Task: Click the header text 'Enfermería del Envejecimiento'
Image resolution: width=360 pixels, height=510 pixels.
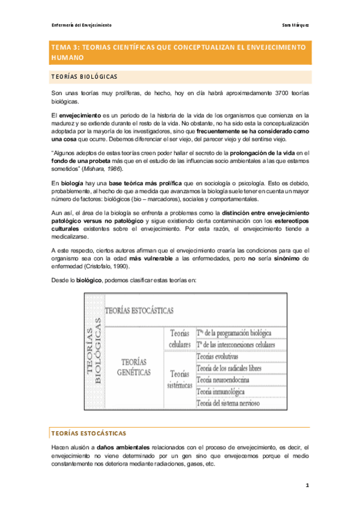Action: pyautogui.click(x=81, y=25)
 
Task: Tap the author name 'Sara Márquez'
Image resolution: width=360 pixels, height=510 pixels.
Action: pyautogui.click(x=295, y=25)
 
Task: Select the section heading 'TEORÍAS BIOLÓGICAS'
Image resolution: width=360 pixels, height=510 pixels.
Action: pyautogui.click(x=92, y=77)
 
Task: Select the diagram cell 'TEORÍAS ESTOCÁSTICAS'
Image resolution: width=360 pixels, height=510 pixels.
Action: pyautogui.click(x=139, y=310)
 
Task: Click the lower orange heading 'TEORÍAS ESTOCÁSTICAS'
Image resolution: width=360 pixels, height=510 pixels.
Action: pyautogui.click(x=88, y=433)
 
